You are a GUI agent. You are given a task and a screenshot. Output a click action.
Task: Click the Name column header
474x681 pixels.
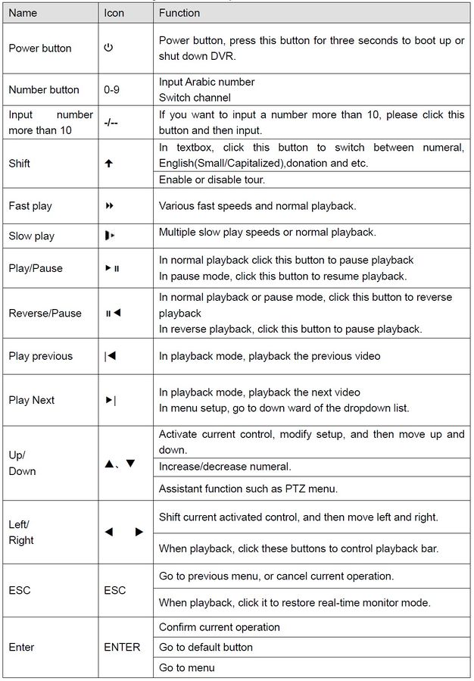(23, 13)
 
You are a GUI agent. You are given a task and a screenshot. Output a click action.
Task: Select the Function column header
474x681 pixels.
(179, 13)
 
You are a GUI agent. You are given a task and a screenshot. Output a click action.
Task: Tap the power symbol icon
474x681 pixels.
(108, 48)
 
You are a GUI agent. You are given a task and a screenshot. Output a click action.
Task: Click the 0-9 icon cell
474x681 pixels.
(112, 89)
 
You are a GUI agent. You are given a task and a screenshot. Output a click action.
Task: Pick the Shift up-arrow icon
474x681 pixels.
(108, 164)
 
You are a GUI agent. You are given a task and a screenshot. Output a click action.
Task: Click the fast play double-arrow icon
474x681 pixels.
(110, 206)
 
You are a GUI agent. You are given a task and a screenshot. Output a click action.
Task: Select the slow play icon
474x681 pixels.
(110, 236)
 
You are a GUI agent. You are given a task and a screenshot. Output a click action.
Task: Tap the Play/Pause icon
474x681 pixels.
(112, 268)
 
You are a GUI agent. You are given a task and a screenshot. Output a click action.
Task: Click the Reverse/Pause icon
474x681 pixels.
(113, 313)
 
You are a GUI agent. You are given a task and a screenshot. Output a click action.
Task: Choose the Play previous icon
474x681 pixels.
(111, 356)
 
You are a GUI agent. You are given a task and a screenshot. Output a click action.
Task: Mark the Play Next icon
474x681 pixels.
(111, 400)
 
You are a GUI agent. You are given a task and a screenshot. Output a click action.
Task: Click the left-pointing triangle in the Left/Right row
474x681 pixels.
(108, 533)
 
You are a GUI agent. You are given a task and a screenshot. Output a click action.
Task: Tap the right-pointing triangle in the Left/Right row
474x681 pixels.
(139, 533)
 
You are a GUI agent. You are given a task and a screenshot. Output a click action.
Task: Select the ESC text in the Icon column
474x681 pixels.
(115, 590)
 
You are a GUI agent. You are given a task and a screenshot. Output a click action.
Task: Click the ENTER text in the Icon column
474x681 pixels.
(122, 647)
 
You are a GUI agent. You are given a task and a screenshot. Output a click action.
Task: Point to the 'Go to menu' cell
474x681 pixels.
(186, 667)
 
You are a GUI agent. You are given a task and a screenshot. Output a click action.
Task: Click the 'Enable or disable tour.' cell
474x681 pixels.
(211, 180)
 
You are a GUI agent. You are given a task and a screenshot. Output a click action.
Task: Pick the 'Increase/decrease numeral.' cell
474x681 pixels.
(225, 467)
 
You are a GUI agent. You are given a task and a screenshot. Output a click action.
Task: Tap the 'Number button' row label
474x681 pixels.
(44, 89)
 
